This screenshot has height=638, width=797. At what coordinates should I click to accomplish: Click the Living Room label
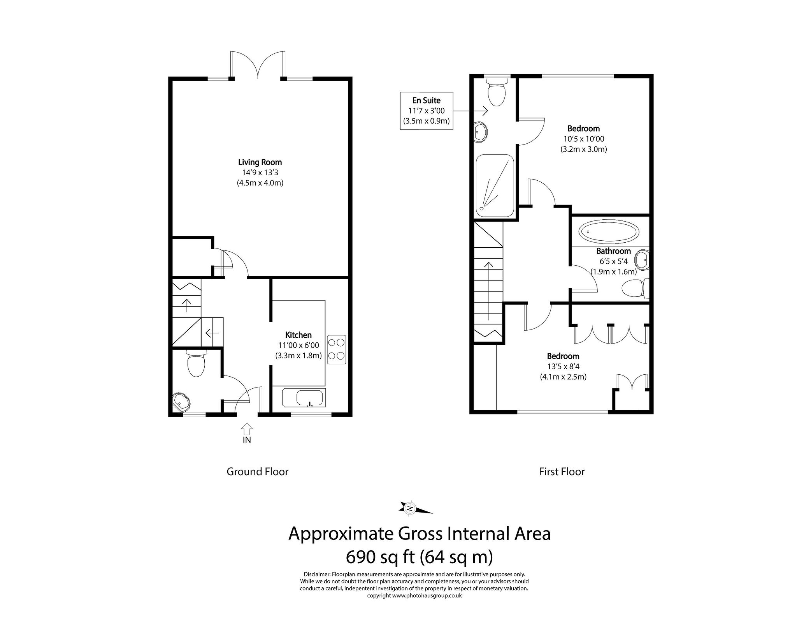pyautogui.click(x=260, y=162)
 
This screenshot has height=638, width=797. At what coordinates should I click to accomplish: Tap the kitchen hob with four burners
pyautogui.click(x=336, y=349)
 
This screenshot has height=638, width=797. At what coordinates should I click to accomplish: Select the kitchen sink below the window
pyautogui.click(x=309, y=398)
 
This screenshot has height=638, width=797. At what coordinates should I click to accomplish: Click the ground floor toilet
pyautogui.click(x=196, y=363)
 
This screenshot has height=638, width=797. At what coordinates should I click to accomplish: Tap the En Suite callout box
pyautogui.click(x=427, y=111)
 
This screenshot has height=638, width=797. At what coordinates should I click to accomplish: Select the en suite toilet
pyautogui.click(x=497, y=92)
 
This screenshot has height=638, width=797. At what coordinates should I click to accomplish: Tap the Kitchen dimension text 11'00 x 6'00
pyautogui.click(x=298, y=345)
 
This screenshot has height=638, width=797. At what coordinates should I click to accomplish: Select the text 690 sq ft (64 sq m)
pyautogui.click(x=419, y=557)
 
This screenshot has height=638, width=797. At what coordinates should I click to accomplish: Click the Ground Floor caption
pyautogui.click(x=257, y=472)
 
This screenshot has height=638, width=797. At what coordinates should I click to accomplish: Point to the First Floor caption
pyautogui.click(x=562, y=472)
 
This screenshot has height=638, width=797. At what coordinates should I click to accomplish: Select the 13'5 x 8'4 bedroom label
pyautogui.click(x=563, y=367)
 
